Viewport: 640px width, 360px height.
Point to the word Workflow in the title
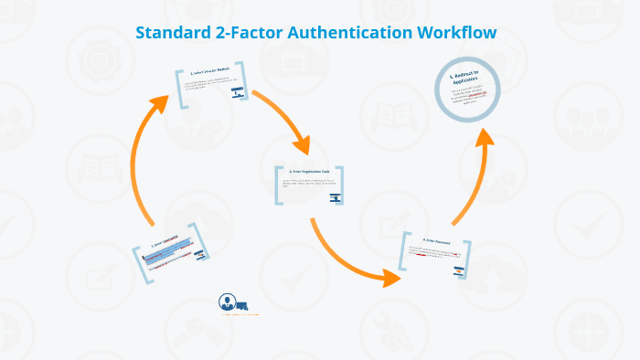[456, 33]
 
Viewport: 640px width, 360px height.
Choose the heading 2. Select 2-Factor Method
[209, 71]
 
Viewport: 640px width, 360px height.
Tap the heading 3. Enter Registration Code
[308, 171]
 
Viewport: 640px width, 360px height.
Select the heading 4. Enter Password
[436, 239]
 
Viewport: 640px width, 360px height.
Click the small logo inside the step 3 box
[336, 196]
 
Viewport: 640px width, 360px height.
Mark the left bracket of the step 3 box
[277, 184]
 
